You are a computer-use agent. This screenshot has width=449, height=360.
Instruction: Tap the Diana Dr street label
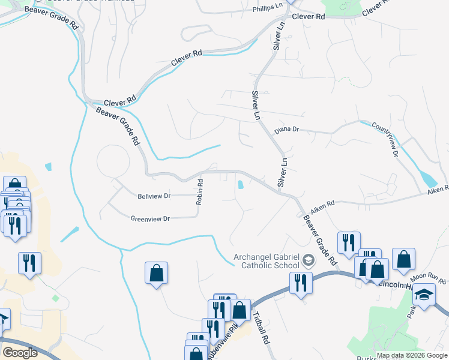(286, 130)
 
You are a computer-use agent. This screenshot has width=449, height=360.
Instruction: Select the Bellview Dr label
(154, 196)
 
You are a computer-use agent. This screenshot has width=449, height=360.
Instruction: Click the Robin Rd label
(199, 191)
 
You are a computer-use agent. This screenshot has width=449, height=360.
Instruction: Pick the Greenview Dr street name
(151, 219)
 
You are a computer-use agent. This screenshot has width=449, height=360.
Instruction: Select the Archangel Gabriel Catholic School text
(266, 262)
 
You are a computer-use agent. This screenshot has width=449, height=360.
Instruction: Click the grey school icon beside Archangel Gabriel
(309, 260)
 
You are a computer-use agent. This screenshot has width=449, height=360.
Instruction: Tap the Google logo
(20, 352)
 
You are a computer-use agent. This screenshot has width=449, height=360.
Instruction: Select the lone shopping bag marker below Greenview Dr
(157, 273)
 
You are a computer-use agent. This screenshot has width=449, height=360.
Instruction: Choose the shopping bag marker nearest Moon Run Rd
(404, 259)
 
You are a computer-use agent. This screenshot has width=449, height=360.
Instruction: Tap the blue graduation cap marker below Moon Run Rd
(424, 296)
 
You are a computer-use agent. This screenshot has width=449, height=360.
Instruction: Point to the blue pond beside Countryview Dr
(428, 179)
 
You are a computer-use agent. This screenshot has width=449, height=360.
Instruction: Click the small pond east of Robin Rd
(240, 185)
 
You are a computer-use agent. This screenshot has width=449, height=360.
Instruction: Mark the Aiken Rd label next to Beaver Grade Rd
(322, 205)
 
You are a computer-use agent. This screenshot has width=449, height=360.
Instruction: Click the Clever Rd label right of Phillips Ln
(308, 17)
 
